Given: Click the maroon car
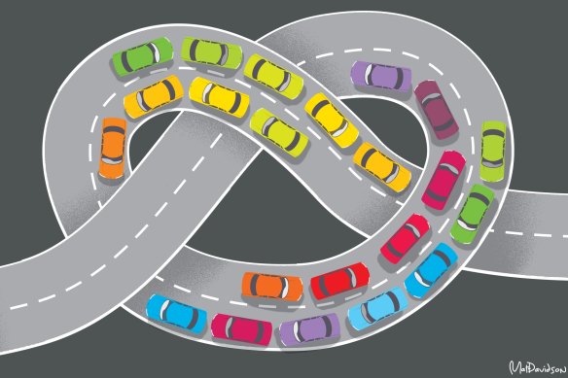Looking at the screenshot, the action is [434, 108].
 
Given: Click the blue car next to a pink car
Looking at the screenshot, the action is [176, 314].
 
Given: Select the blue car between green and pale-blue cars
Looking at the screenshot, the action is [430, 270].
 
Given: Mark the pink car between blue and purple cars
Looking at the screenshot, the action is [240, 327].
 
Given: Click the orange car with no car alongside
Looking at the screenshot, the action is [113, 146].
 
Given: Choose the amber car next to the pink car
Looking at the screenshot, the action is [382, 167].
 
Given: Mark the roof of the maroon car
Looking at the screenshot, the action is [434, 108].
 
